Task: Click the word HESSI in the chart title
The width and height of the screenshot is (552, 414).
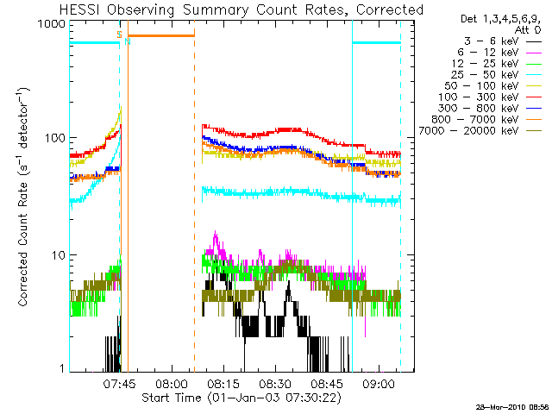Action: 80,9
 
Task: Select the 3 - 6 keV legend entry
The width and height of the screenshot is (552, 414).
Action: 502,41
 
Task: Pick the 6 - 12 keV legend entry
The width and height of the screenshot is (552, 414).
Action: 499,53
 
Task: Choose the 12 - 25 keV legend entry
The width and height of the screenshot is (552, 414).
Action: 497,64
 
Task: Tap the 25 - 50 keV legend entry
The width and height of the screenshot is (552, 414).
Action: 497,75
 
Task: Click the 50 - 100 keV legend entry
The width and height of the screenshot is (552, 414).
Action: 492,86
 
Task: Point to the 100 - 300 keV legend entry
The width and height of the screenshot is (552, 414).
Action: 490,97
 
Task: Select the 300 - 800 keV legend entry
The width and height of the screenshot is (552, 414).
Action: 490,109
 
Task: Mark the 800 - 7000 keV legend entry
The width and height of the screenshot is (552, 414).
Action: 486,120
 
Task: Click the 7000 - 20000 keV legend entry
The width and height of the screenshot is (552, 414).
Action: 480,131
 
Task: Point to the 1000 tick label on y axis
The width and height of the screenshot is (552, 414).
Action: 52,24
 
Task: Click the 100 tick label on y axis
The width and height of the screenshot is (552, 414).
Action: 55,138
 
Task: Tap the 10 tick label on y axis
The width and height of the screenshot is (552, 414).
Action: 59,255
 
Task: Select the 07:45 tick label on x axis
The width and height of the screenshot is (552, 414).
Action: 119,383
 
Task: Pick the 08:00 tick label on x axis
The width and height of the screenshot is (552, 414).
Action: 172,383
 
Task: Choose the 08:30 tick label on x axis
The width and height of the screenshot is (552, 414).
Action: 275,383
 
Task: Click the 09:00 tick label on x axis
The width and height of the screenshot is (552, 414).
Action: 379,383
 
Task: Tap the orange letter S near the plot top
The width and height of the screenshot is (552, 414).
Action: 119,34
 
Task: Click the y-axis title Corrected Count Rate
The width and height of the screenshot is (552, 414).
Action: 22,245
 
